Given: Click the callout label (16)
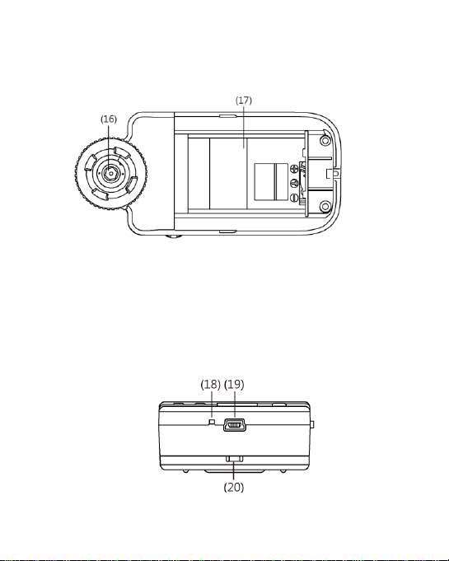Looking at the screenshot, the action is [x=109, y=119].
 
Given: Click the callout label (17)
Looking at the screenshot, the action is [x=244, y=101].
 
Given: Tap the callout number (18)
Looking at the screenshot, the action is [x=210, y=385].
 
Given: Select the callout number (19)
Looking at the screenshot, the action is [x=234, y=385].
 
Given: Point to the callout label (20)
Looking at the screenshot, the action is [x=234, y=488].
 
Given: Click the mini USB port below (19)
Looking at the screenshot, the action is [x=235, y=425].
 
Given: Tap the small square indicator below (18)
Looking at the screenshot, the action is [x=212, y=422].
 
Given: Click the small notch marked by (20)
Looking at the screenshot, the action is [x=235, y=459].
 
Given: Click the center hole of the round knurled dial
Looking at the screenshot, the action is [x=110, y=173].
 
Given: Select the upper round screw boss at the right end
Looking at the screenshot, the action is [x=325, y=141].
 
